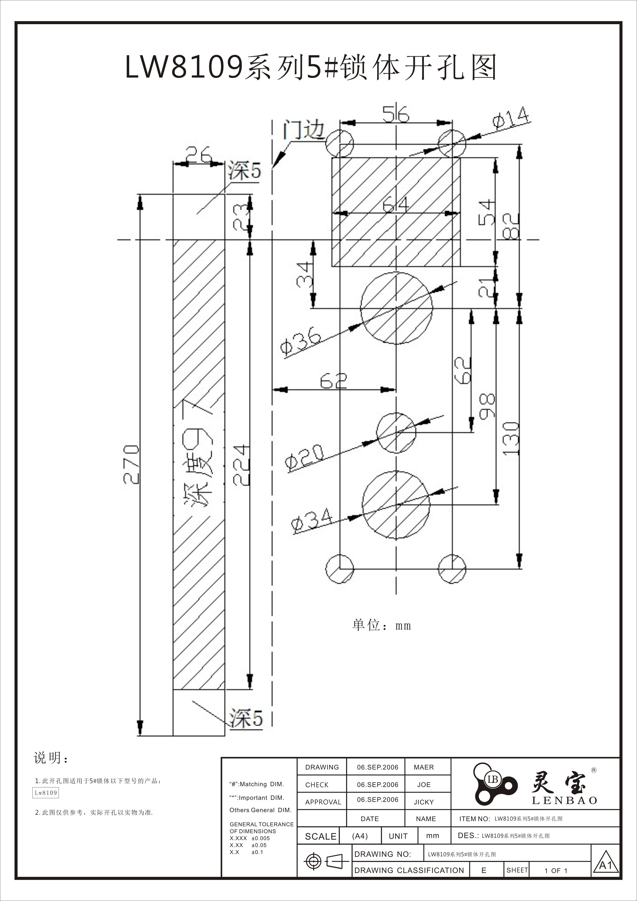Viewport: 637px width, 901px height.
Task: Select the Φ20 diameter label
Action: point(305,457)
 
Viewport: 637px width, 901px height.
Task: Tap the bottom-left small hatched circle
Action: point(340,569)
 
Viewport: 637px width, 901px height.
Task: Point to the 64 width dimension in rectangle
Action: point(395,204)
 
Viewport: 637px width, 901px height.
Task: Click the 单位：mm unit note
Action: point(381,625)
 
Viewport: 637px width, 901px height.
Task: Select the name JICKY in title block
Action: point(424,802)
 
